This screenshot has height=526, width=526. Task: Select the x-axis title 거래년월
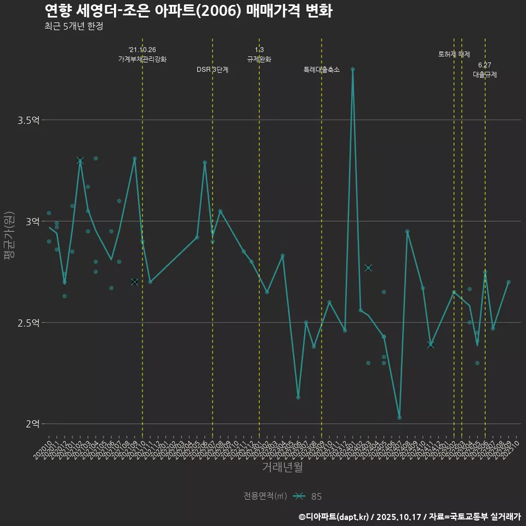[x=282, y=467]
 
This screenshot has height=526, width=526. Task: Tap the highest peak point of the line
[x=353, y=70]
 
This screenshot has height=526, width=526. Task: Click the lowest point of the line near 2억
[x=399, y=418]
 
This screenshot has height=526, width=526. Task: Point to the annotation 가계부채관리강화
[x=142, y=59]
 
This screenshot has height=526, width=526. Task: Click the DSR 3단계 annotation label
[x=213, y=70]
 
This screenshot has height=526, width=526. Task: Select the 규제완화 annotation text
[x=259, y=59]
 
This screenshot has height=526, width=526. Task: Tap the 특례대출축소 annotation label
[x=322, y=70]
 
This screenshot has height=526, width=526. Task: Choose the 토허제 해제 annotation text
[x=454, y=54]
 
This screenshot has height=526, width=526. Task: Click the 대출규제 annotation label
[x=485, y=75]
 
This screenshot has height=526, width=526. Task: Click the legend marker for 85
[x=299, y=496]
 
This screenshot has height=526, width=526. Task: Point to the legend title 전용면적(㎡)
[x=265, y=496]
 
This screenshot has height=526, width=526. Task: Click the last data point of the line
[x=508, y=282]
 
